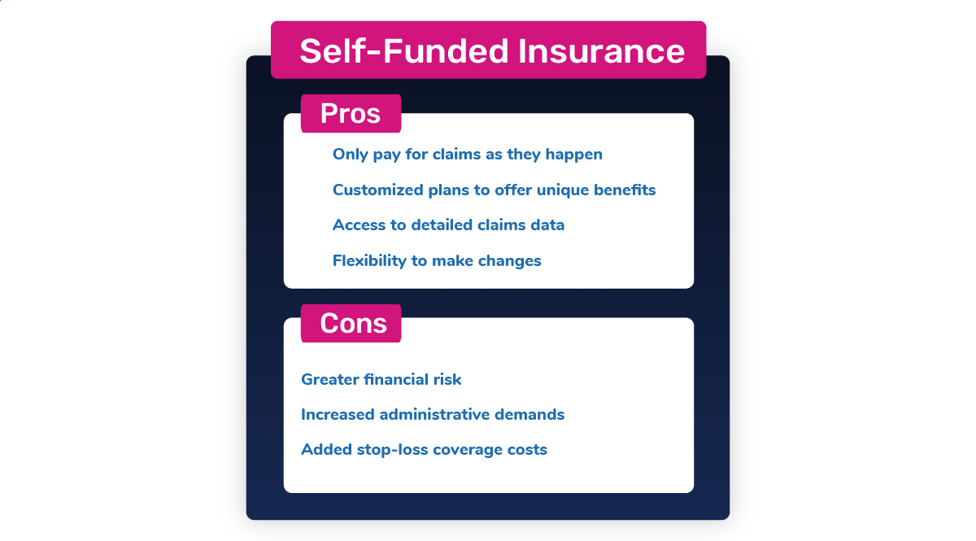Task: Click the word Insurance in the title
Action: click(601, 51)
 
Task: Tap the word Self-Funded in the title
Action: click(404, 51)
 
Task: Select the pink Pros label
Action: click(351, 113)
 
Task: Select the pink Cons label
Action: click(351, 323)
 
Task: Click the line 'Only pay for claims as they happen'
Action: click(468, 155)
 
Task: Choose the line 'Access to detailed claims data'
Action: click(448, 225)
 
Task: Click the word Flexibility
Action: click(369, 260)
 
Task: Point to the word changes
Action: click(510, 260)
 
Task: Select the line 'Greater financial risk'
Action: click(381, 379)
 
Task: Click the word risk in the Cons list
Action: click(447, 379)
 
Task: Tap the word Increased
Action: click(338, 415)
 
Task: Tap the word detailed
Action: click(442, 225)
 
